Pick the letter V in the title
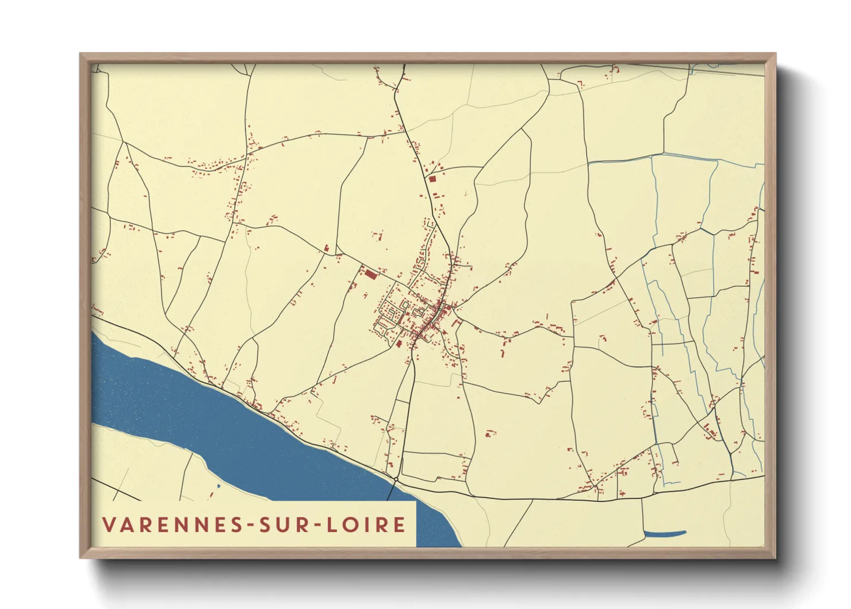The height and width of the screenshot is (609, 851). point(109,524)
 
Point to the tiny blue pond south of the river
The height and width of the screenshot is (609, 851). point(218,486)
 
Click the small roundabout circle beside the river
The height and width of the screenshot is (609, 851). point(396,479)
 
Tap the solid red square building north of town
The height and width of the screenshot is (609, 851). point(433,179)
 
